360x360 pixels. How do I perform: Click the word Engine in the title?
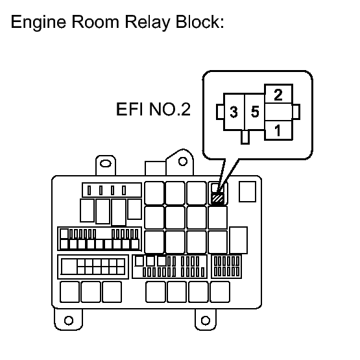38,23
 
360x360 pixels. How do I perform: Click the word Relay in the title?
147,23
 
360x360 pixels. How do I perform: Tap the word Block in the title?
200,22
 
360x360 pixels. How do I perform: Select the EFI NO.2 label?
153,109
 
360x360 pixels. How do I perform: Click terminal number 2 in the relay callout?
278,95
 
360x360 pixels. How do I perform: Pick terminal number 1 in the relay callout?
278,130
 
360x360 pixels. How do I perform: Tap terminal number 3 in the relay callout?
234,112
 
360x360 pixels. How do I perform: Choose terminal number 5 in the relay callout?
255,112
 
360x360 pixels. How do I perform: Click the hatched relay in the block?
217,198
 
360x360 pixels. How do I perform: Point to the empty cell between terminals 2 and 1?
278,112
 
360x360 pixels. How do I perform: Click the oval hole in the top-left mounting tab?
105,163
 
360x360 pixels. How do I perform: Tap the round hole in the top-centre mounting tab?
183,162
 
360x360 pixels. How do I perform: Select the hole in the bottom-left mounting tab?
69,320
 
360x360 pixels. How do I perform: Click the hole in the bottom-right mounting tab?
206,320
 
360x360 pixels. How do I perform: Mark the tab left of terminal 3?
220,112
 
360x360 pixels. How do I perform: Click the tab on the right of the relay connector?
296,112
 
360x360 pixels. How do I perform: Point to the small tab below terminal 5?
245,137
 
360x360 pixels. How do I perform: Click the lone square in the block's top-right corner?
247,192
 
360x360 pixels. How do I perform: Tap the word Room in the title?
95,22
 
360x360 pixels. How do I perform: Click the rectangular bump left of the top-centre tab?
156,168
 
